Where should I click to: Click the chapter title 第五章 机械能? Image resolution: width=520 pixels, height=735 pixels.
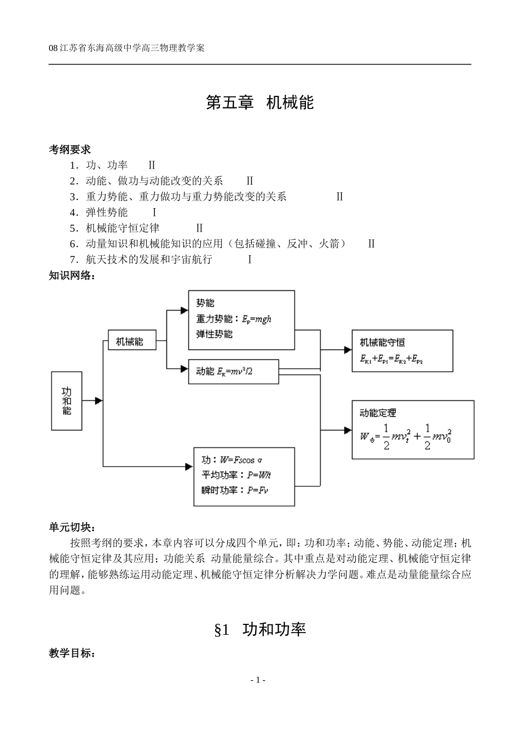point(259,102)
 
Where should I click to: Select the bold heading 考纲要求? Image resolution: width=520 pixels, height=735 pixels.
point(70,149)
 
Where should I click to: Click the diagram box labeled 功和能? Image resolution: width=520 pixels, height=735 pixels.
point(66,401)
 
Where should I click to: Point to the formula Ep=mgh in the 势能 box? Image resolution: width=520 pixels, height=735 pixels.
point(257,319)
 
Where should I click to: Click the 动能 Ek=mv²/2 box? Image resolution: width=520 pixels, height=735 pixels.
point(233,371)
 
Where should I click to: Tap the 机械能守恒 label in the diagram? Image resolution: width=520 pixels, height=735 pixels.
point(382,342)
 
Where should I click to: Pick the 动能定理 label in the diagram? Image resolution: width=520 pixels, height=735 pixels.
point(378,412)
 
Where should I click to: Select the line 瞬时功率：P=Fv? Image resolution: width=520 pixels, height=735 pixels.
point(235,490)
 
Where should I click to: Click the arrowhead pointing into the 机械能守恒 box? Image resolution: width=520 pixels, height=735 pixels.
point(347,349)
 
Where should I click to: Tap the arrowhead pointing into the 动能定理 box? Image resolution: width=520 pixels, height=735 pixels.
point(347,430)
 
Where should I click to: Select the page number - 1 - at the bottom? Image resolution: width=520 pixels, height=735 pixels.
point(258,680)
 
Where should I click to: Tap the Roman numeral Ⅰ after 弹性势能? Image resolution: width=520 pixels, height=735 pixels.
point(154,213)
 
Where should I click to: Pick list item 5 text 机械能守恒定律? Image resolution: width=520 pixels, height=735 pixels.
point(123,228)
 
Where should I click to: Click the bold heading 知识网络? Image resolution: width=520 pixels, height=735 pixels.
point(72,275)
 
